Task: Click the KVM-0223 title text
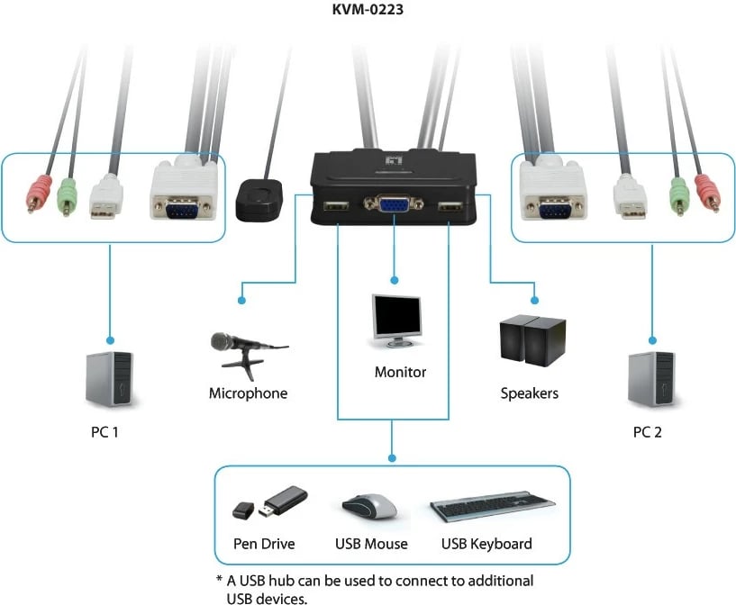point(368,10)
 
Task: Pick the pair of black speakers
point(532,340)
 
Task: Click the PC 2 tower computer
point(651,379)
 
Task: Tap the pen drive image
point(269,503)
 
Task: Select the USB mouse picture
point(370,506)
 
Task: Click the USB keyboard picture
point(491,507)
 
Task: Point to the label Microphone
point(248,393)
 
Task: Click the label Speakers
point(530,393)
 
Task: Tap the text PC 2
point(647,432)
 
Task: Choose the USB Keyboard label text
point(486,544)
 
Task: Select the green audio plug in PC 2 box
point(678,193)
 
